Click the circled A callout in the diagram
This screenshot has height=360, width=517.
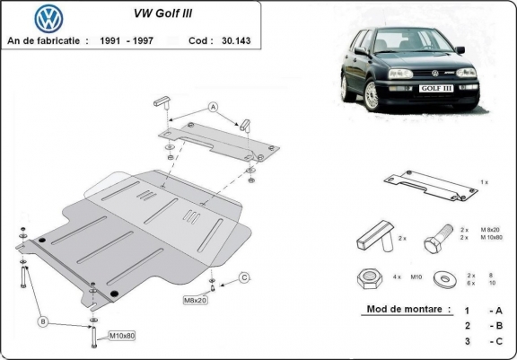pos(214,107)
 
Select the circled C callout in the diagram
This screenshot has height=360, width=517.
pos(243,278)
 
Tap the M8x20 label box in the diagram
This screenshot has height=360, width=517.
pos(196,300)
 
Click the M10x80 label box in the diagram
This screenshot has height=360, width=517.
pos(123,337)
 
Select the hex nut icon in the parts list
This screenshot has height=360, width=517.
pos(369,279)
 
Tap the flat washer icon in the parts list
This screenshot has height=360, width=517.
pos(441,279)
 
